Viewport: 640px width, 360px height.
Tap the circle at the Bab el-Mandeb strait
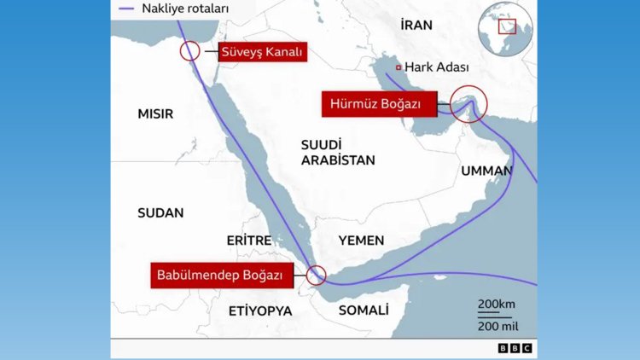317,275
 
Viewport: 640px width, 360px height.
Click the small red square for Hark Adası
399,67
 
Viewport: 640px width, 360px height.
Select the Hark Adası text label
437,67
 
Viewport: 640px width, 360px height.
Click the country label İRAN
416,26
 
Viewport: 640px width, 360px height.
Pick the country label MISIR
155,113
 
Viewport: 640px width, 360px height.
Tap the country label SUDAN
160,212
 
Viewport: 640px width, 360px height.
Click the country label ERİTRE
248,241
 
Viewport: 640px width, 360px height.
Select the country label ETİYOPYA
260,311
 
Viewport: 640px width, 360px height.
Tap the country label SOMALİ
364,311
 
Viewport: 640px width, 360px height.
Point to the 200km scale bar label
496,305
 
